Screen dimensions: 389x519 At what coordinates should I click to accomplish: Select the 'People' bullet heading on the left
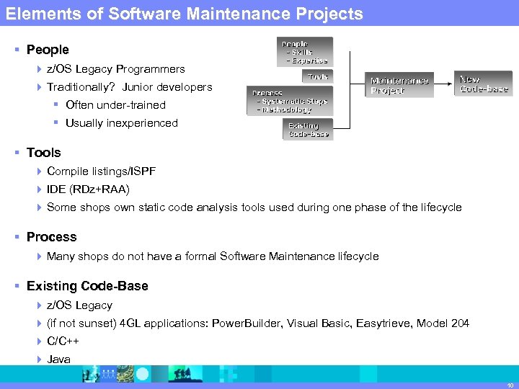point(48,50)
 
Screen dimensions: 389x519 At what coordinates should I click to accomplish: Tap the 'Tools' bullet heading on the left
point(43,153)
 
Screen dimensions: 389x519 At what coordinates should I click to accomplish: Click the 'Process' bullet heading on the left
point(51,237)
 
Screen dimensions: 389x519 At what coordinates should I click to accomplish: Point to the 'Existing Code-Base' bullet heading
point(87,286)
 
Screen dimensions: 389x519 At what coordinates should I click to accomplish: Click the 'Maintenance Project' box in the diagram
point(399,85)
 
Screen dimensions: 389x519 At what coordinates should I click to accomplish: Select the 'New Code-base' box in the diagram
point(484,84)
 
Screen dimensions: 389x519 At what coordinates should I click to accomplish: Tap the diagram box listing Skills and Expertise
point(306,52)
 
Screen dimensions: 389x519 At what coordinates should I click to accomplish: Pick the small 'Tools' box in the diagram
point(318,76)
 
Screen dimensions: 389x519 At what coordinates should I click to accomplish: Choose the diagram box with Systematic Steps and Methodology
point(290,101)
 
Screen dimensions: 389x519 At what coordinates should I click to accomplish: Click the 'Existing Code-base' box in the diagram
point(308,130)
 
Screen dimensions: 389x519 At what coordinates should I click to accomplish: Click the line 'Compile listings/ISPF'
point(101,171)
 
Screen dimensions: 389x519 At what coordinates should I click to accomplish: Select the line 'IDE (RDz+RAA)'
point(88,189)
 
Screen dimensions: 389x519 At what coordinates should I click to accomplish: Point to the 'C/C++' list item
point(63,341)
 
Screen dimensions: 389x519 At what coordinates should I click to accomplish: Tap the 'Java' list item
point(58,359)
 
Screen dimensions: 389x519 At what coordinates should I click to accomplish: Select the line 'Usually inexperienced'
point(121,123)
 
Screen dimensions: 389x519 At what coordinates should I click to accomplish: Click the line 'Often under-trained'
point(115,105)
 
